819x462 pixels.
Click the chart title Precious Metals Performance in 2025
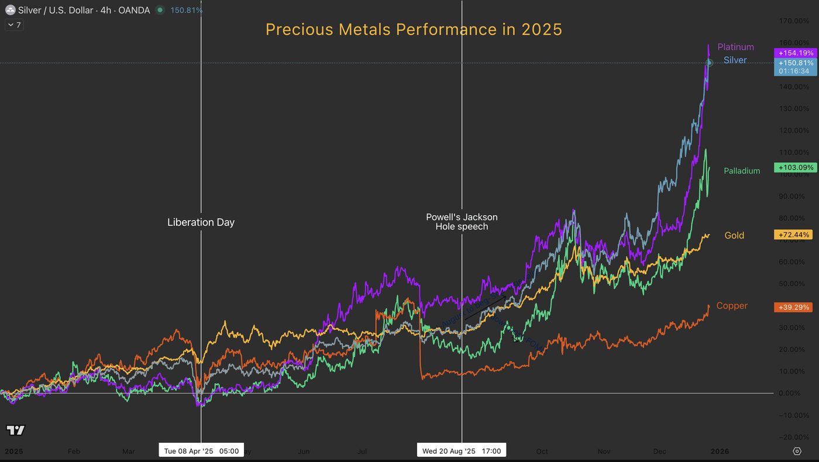coord(414,29)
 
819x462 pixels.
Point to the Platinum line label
coord(735,47)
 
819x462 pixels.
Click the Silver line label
coord(735,60)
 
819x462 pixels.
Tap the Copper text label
coord(732,306)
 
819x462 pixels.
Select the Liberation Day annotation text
coord(201,222)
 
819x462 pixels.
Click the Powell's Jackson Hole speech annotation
coord(462,222)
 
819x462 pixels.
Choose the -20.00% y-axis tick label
coord(796,437)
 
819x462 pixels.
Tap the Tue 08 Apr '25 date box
coord(201,451)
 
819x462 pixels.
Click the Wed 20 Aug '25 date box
coord(462,451)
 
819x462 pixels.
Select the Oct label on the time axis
coord(542,451)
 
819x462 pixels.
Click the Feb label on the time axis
coord(74,451)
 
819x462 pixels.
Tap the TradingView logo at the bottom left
coord(16,430)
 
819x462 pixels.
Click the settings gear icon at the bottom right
coord(797,451)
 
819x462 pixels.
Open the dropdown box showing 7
coord(14,25)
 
